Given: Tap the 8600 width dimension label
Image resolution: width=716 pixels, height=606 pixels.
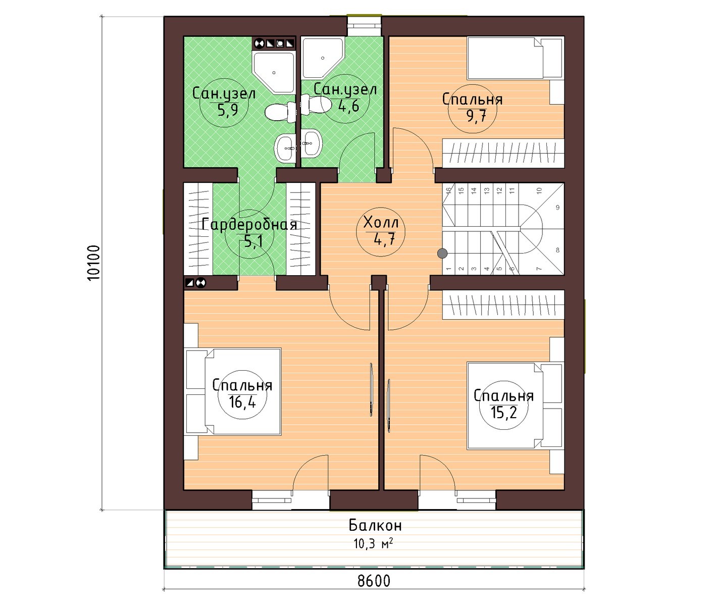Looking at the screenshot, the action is click(374, 581).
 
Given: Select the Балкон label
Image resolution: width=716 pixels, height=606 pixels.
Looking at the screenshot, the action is click(375, 526).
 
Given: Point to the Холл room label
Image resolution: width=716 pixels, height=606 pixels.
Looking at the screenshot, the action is click(381, 222).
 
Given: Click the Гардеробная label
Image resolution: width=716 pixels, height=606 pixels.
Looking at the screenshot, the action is click(249, 225).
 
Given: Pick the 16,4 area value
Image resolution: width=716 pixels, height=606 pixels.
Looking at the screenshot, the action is click(242, 402).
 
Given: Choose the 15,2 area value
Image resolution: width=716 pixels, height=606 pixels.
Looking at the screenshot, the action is click(503, 413).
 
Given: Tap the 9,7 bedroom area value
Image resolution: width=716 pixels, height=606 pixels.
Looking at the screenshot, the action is click(477, 116).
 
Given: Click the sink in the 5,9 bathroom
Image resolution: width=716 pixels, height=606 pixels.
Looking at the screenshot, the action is click(285, 148).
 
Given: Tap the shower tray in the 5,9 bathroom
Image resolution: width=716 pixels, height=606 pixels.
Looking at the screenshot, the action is click(274, 73).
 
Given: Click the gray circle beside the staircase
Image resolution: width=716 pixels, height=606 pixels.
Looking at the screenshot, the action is click(442, 254).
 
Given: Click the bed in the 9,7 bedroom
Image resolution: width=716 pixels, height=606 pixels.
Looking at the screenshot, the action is click(514, 58).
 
